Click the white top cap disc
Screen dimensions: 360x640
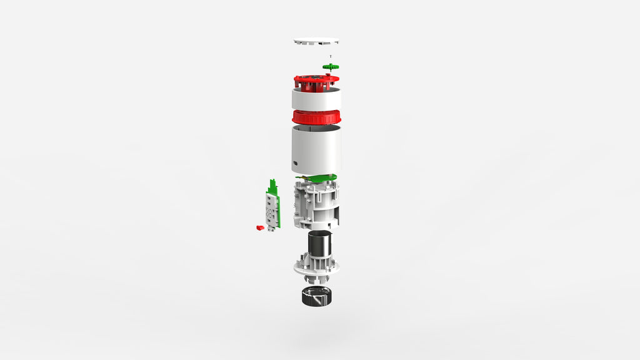316,42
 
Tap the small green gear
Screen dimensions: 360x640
331,66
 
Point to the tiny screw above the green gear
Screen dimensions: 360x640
331,57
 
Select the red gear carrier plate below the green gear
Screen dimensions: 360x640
316,81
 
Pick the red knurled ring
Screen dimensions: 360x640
316,117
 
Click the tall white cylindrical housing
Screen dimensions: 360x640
316,150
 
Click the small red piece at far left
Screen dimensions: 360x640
260,227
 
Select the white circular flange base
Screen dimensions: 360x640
316,267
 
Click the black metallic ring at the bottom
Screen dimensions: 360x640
316,297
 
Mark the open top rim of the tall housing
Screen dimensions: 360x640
316,128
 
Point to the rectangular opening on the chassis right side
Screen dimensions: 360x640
337,215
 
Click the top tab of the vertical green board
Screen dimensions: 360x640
272,184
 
